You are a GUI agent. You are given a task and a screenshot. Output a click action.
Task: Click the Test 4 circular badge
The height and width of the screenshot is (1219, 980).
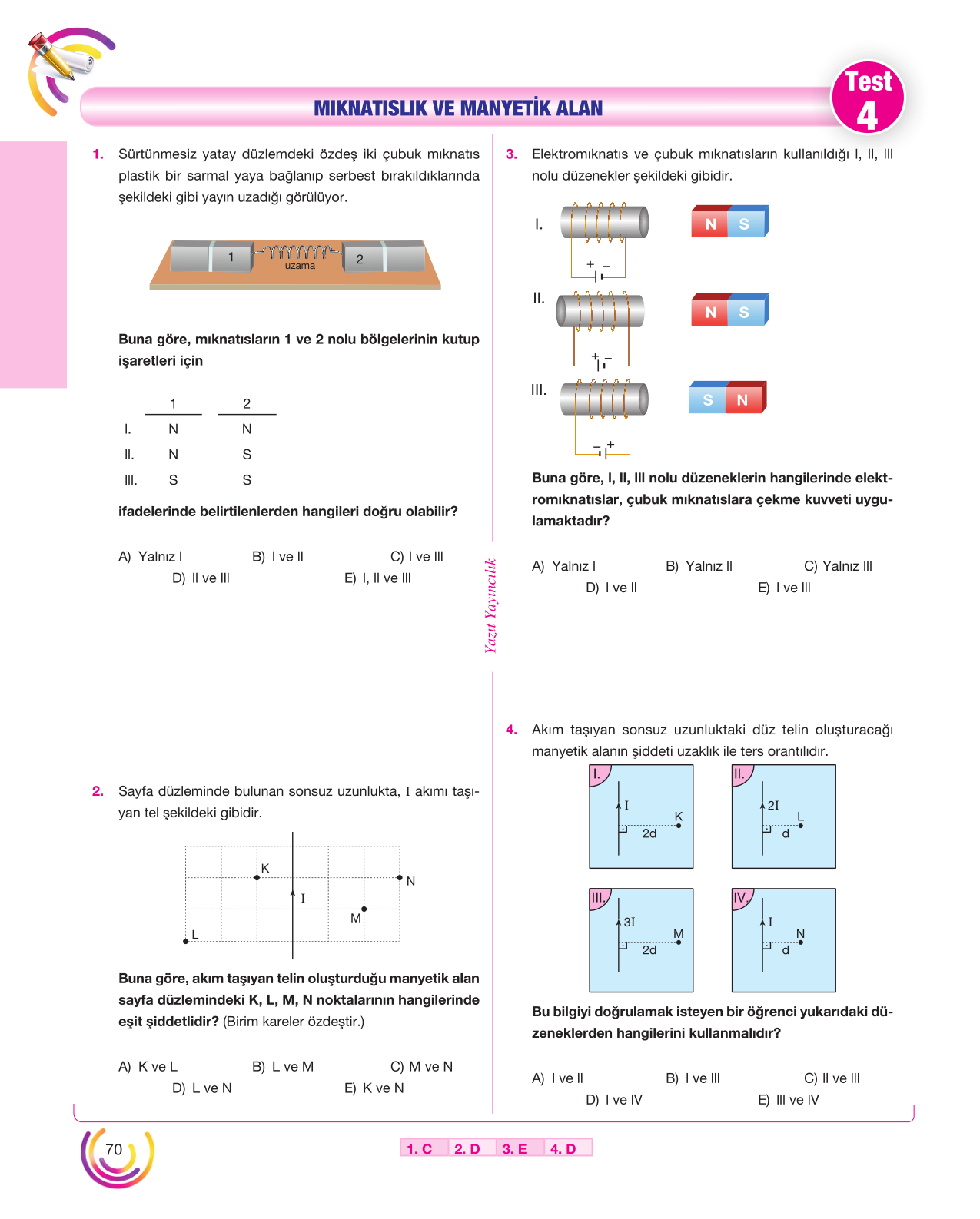(867, 97)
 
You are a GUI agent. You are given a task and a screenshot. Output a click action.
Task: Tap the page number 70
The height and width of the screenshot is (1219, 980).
(113, 1149)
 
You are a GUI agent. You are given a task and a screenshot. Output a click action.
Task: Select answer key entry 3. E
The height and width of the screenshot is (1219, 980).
(514, 1148)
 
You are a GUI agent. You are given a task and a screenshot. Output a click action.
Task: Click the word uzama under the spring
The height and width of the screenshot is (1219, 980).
(299, 265)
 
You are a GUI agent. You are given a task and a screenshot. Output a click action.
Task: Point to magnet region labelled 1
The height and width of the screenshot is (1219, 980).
(231, 257)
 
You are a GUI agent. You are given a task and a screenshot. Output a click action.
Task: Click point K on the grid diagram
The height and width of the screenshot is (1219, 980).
(257, 877)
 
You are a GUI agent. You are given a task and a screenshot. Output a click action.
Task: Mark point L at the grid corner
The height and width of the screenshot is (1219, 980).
(185, 941)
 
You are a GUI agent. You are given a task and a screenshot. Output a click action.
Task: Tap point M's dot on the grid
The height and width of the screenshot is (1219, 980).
(364, 909)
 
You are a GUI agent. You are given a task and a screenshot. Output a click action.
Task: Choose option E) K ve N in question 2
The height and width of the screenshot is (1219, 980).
(374, 1088)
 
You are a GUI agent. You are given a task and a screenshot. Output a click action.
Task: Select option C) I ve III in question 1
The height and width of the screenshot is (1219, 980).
(417, 556)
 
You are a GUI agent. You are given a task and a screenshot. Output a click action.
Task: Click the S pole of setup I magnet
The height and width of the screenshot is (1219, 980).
(746, 224)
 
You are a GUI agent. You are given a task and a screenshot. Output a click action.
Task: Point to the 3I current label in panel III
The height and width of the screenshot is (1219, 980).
(629, 922)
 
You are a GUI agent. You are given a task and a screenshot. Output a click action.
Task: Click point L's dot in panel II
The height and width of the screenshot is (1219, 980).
(800, 825)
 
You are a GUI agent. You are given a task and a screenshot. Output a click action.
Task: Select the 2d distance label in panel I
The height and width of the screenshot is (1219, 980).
(649, 833)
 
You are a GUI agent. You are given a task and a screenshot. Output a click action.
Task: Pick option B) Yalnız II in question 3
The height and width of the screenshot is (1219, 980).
(699, 565)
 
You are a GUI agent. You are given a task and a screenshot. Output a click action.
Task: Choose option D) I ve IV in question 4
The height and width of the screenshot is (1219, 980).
(613, 1099)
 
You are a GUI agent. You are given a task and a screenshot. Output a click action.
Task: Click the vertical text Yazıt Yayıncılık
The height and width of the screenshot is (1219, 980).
(490, 605)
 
